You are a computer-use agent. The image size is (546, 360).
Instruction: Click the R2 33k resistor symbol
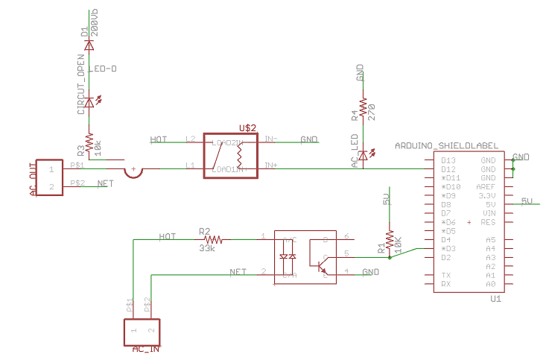pyautogui.click(x=214, y=239)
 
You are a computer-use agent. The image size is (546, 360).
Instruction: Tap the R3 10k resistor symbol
pyautogui.click(x=89, y=141)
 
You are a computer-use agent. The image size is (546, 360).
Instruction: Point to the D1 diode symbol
pyautogui.click(x=89, y=45)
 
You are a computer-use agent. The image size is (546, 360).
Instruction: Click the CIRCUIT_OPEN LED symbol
pyautogui.click(x=89, y=102)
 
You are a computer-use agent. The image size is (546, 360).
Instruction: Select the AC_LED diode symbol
pyautogui.click(x=364, y=155)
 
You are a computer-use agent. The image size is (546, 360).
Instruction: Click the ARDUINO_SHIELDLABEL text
pyautogui.click(x=446, y=146)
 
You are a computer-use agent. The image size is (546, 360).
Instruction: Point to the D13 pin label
pyautogui.click(x=448, y=160)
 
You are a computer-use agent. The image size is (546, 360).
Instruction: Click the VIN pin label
pyautogui.click(x=489, y=213)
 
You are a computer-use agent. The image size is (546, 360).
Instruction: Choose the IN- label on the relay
pyautogui.click(x=270, y=139)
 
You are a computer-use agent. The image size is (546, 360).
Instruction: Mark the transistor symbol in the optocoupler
pyautogui.click(x=322, y=266)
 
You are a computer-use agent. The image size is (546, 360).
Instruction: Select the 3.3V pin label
pyautogui.click(x=487, y=195)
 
